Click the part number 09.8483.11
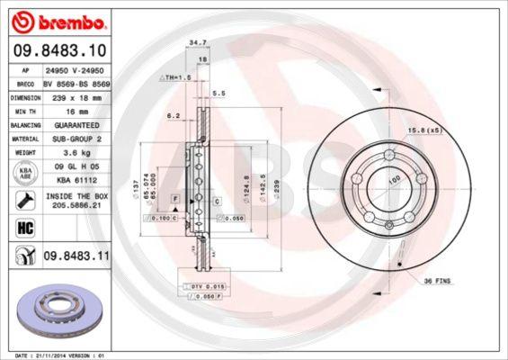(76, 258)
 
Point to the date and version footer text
(64, 355)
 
